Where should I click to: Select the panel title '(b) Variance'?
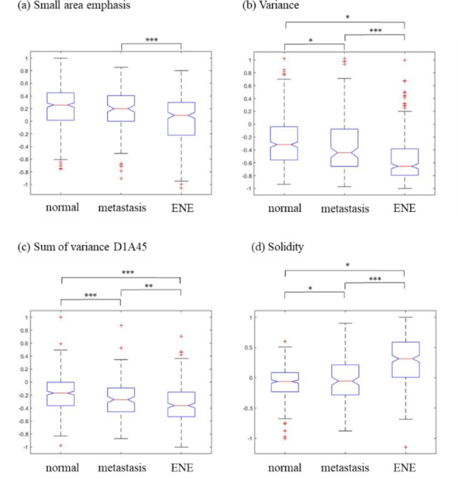pos(271,6)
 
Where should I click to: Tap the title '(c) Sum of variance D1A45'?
pos(73,248)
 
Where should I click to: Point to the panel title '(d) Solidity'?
pos(273,248)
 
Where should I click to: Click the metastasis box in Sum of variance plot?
pos(121,399)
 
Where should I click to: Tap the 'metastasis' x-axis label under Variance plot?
pos(345,208)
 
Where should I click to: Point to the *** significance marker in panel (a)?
pos(151,40)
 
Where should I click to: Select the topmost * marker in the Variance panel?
pos(345,15)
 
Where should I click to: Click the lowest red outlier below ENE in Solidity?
pos(404,447)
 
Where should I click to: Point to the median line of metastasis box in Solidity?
pos(345,381)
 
